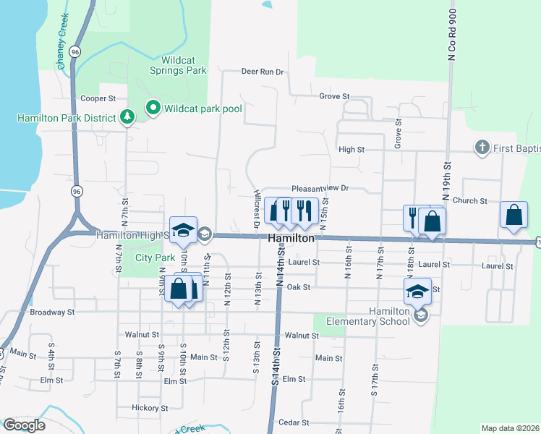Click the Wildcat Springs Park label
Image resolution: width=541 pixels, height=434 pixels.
(x=178, y=65)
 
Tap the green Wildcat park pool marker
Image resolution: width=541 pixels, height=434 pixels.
(x=153, y=109)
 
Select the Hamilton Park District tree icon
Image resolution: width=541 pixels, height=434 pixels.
(x=127, y=116)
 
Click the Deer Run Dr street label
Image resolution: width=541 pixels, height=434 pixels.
(x=263, y=72)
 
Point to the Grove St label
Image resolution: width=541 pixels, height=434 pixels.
(x=334, y=95)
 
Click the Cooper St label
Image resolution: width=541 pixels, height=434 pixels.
(x=98, y=98)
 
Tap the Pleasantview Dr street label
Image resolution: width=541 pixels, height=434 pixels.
(x=320, y=187)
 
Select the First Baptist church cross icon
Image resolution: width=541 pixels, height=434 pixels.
(x=482, y=148)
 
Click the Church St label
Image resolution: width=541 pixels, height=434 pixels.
(x=470, y=200)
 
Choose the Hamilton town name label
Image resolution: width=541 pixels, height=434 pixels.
(x=291, y=238)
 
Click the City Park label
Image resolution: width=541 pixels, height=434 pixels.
(x=156, y=258)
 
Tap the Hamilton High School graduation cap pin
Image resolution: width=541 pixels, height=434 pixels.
(x=183, y=230)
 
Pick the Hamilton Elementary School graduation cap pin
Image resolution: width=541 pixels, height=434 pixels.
(x=417, y=291)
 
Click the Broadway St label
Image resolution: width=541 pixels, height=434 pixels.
(x=53, y=312)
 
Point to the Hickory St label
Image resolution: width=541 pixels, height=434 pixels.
(x=151, y=408)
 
